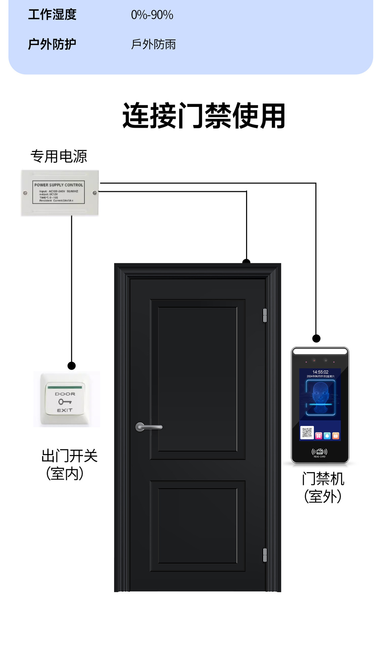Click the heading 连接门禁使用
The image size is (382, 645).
203,116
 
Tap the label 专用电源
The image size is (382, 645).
59,157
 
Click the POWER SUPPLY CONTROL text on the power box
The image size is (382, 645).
58,185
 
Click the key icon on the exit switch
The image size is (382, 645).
64,402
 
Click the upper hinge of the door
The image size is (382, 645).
265,315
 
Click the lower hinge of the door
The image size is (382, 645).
265,555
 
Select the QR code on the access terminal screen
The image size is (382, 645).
307,433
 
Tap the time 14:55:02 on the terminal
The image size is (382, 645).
320,372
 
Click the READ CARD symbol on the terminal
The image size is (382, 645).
320,452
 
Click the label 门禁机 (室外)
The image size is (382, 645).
323,487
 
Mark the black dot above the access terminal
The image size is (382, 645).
316,338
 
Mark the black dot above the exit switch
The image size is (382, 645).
71,366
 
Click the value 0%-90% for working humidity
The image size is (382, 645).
152,15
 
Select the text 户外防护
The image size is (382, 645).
52,44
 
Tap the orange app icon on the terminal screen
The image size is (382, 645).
335,436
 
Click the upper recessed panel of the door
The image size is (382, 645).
197,379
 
